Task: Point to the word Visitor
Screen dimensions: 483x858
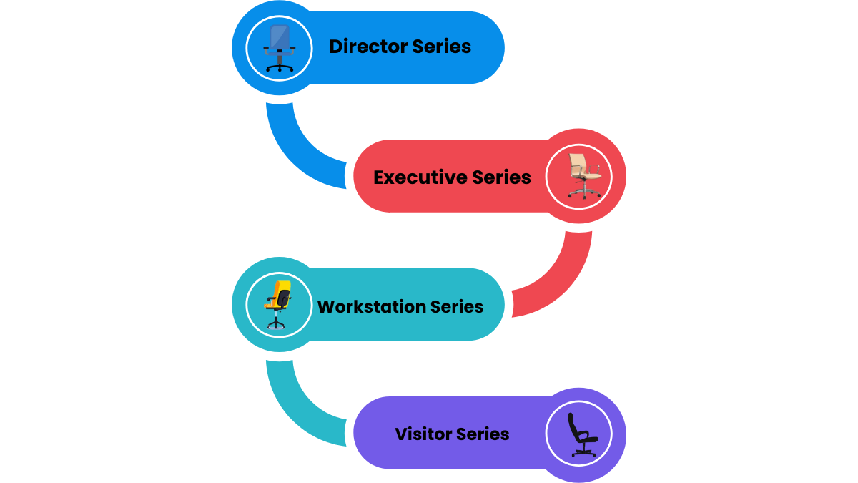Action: tap(423, 434)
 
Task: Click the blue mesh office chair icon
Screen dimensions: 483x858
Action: tap(279, 48)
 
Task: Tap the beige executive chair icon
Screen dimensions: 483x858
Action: tap(583, 176)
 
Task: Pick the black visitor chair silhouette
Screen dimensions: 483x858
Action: tap(581, 434)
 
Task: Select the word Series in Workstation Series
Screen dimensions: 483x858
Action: tap(456, 307)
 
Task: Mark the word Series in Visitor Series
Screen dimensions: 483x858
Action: tap(482, 434)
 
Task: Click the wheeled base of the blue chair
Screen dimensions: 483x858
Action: tap(279, 68)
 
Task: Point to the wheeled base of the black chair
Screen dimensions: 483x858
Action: tap(583, 452)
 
